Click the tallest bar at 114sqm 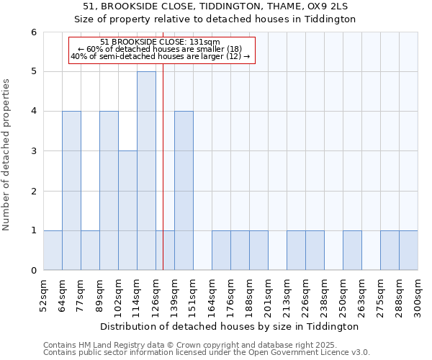point(146,171)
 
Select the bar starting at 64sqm point(71,191)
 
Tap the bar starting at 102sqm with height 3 point(127,210)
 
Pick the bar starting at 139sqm point(184,191)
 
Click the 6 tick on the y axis point(34,32)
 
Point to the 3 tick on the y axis point(34,151)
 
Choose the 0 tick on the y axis point(34,270)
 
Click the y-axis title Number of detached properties point(7,155)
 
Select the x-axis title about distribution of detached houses point(230,326)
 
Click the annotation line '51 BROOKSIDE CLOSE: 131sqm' point(161,42)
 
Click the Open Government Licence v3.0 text point(318,352)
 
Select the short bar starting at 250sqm point(352,251)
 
